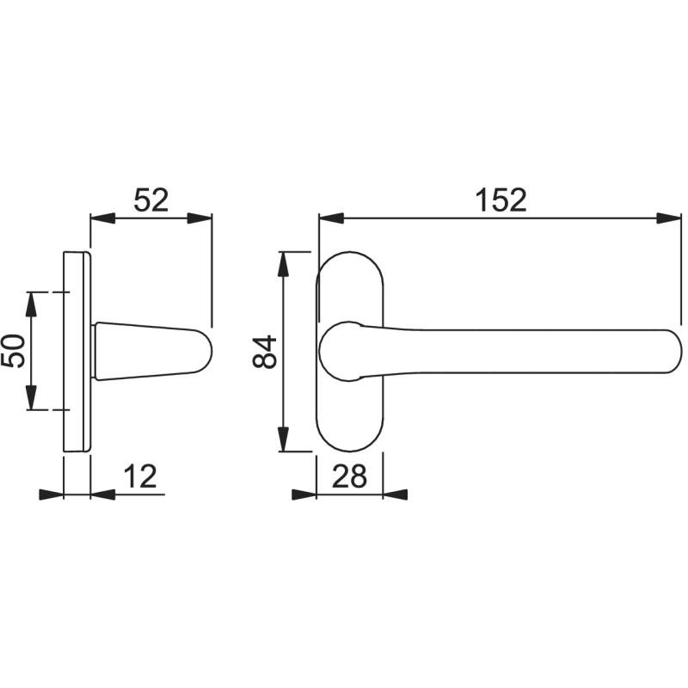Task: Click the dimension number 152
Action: [501, 200]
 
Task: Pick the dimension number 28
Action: [348, 476]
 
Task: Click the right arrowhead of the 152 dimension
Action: [669, 218]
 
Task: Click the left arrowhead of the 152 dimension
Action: [330, 218]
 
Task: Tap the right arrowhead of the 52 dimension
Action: [200, 218]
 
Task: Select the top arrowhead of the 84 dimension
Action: [284, 264]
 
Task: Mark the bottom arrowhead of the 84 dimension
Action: [284, 439]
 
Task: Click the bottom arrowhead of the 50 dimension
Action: [32, 398]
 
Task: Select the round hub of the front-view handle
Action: [340, 351]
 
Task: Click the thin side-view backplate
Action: [77, 351]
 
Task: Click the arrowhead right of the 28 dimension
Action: [395, 494]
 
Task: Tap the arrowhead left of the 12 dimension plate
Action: [52, 494]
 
